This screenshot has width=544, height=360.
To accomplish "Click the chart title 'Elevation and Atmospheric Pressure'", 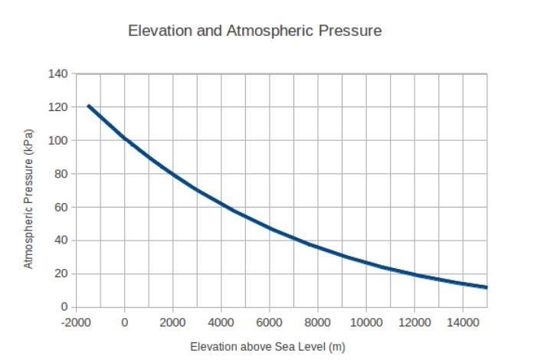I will click(x=254, y=31).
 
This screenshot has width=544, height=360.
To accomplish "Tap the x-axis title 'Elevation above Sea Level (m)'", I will click(x=267, y=347).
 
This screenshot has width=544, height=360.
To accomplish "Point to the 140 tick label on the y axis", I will click(x=58, y=74).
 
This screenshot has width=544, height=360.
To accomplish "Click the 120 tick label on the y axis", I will click(x=58, y=107).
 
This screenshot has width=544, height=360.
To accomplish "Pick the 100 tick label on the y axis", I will click(x=58, y=140).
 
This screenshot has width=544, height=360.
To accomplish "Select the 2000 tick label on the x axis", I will click(x=173, y=322).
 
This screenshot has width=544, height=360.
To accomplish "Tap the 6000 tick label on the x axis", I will click(x=270, y=322).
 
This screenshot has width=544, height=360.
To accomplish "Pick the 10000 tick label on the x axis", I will click(x=366, y=322).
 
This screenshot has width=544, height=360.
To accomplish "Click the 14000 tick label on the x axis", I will click(x=463, y=322).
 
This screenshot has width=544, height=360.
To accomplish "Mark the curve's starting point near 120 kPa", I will click(x=89, y=106).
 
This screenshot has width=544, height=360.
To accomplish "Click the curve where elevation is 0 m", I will click(x=125, y=139).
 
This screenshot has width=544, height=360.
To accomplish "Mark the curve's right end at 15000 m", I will click(x=487, y=287).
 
